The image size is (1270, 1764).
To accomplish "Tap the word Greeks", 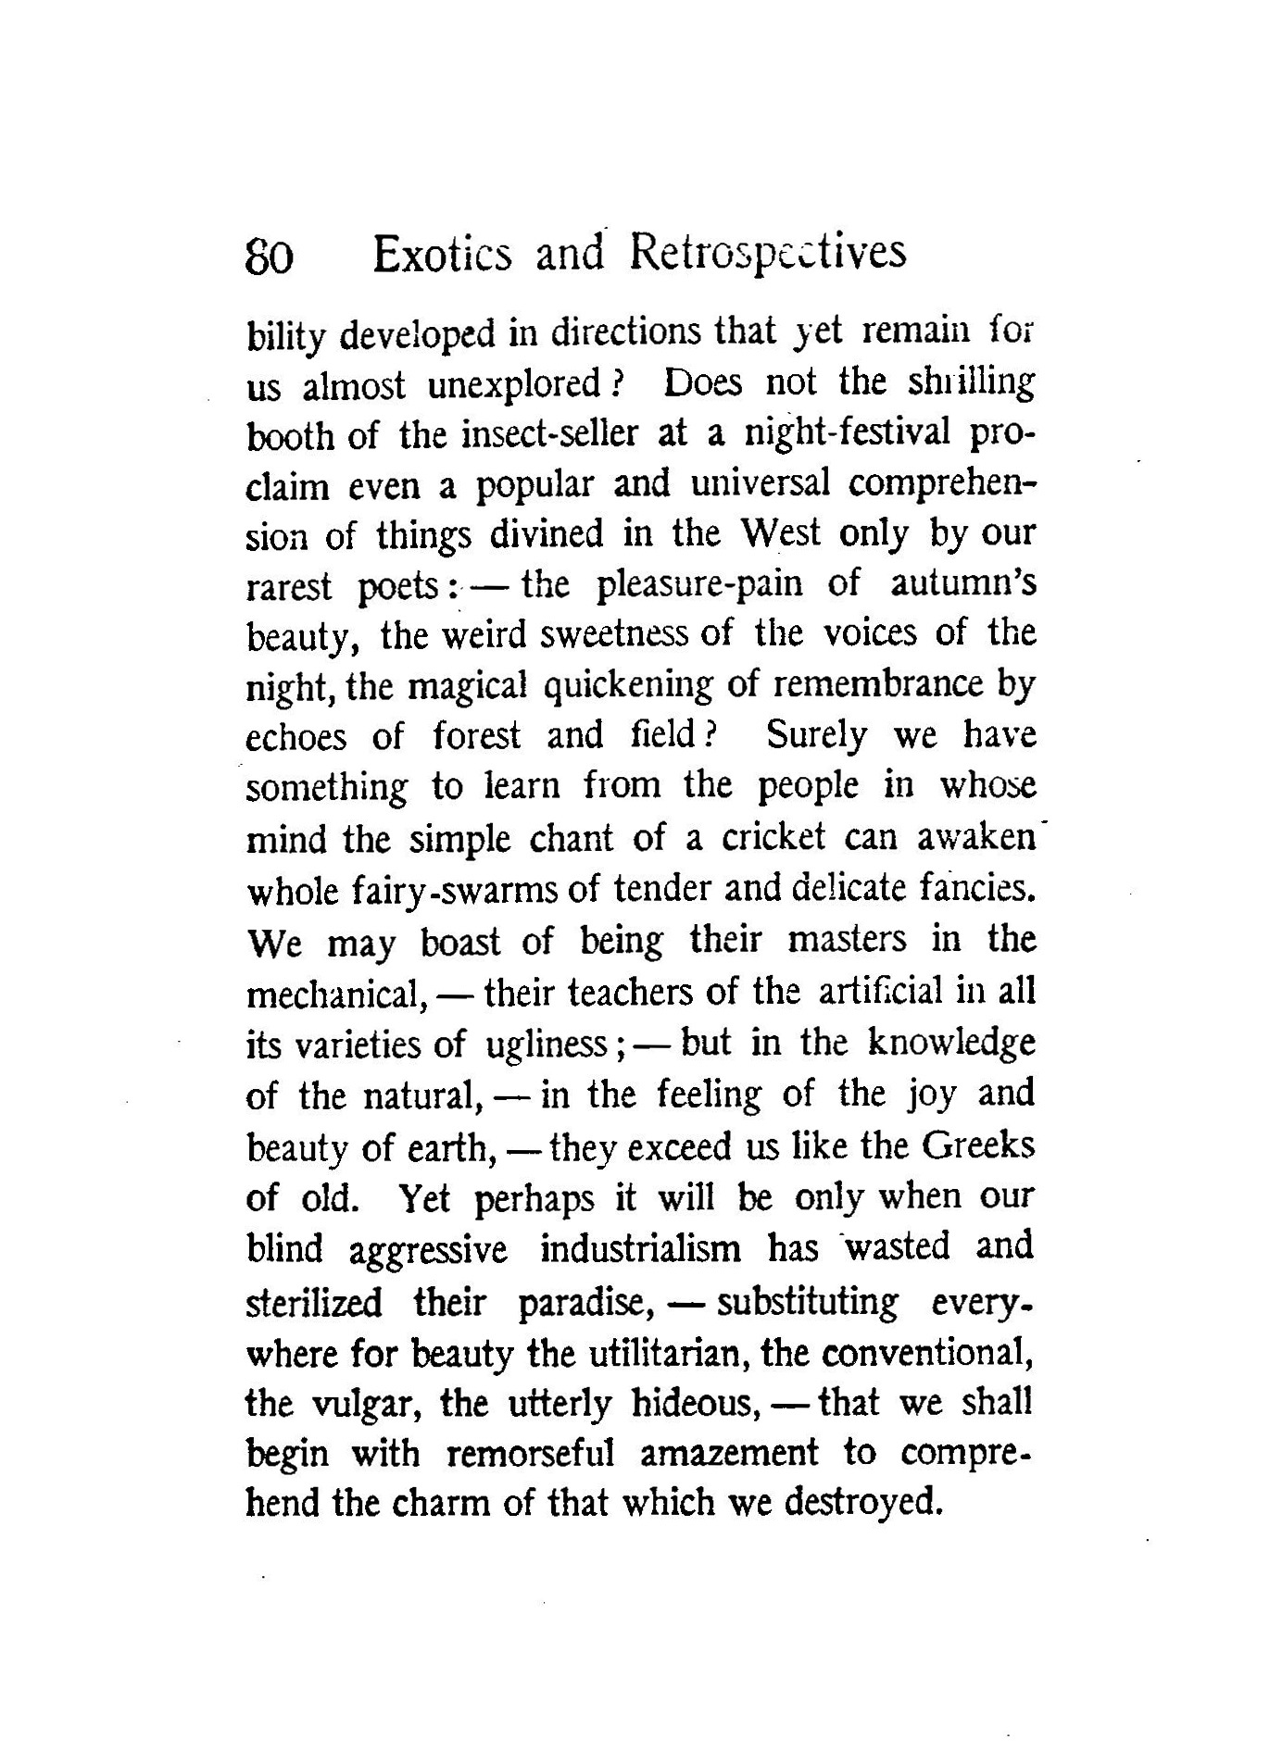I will point(977,1146).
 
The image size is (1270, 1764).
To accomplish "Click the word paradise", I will point(585,1302).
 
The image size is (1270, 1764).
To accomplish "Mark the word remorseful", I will point(531,1454).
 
